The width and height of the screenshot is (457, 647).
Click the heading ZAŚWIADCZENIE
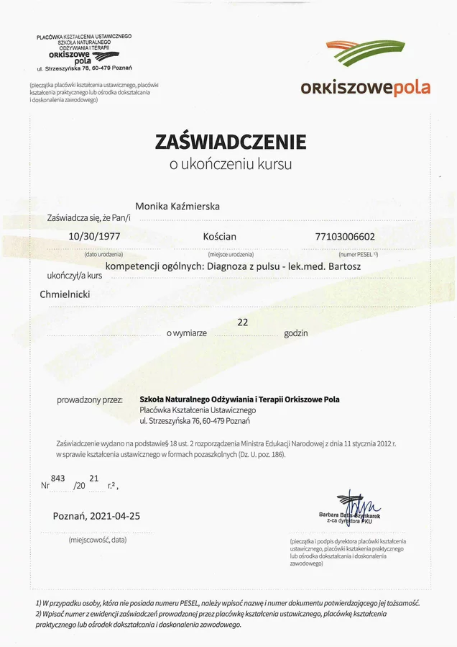coord(230,142)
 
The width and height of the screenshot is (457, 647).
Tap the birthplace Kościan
coord(219,235)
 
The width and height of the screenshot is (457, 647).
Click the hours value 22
coord(242,322)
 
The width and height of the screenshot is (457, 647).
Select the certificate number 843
coord(58,479)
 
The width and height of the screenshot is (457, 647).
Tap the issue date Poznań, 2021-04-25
coord(96,516)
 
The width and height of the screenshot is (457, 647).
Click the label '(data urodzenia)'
coord(103,255)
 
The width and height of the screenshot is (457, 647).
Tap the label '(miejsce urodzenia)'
coord(230,255)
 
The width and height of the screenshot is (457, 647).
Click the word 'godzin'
coord(295,333)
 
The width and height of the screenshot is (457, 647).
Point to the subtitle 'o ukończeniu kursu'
coord(230,165)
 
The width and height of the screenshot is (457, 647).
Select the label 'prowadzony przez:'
coord(89,399)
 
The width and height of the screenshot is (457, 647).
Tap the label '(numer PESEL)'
coord(358,255)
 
